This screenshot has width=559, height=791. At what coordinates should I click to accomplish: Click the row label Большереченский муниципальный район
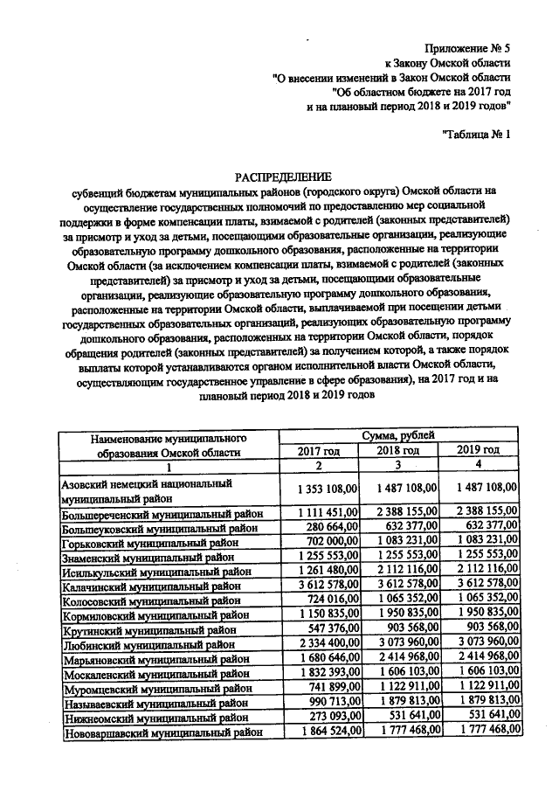tap(162, 513)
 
